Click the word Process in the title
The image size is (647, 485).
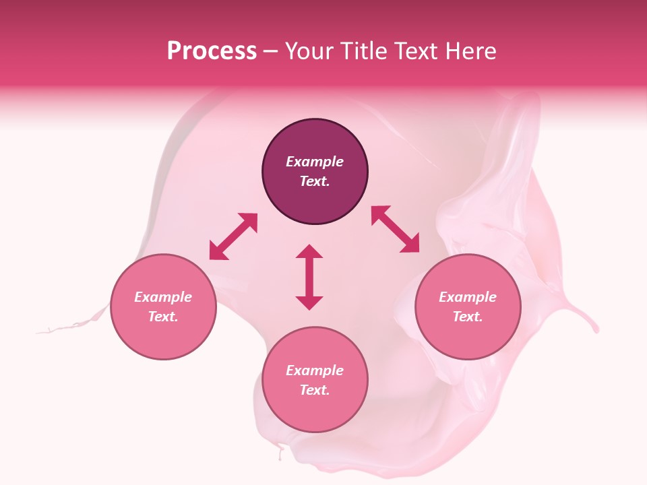click(x=212, y=51)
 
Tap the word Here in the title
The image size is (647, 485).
click(x=471, y=51)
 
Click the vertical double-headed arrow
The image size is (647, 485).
click(x=309, y=277)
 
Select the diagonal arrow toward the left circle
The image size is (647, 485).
click(x=233, y=236)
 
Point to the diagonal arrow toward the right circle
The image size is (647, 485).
click(x=396, y=229)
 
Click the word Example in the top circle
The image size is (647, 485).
click(x=315, y=162)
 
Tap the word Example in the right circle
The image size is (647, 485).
click(x=468, y=297)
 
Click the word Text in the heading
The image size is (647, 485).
click(x=419, y=51)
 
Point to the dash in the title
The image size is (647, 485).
click(x=270, y=52)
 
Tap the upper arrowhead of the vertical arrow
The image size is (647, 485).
click(x=309, y=252)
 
